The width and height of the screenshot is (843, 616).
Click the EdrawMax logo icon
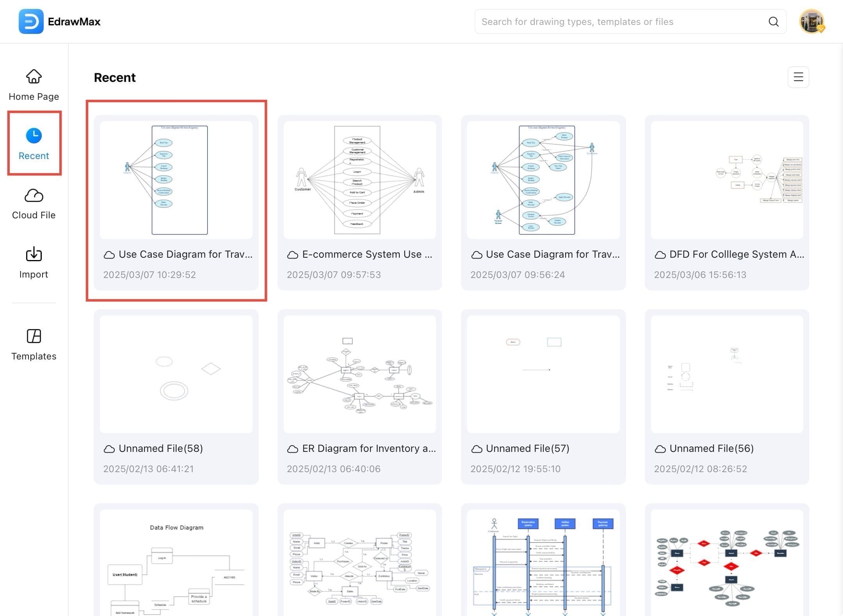[31, 21]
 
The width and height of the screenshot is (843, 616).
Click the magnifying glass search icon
[773, 21]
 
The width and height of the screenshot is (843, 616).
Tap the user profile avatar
[811, 21]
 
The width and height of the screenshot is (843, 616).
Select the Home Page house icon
[34, 76]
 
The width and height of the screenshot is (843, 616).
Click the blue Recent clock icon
[34, 135]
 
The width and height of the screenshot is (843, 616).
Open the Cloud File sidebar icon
[34, 195]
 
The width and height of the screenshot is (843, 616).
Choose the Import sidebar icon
[34, 254]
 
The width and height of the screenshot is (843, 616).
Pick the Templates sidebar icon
[34, 336]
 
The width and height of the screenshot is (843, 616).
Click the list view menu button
[798, 77]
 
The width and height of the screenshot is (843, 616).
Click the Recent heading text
[115, 78]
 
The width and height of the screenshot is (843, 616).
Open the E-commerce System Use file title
[367, 254]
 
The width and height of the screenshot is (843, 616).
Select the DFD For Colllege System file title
[736, 254]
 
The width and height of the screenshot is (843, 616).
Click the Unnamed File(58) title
[160, 448]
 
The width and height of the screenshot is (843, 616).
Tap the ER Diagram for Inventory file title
[369, 448]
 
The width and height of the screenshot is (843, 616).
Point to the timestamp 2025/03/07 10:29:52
[149, 274]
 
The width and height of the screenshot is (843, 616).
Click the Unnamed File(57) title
[527, 448]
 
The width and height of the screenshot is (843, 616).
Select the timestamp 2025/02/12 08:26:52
[700, 469]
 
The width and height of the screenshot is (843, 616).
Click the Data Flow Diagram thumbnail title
[176, 527]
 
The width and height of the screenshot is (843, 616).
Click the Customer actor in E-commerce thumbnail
[302, 179]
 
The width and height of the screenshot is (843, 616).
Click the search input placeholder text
[577, 22]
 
